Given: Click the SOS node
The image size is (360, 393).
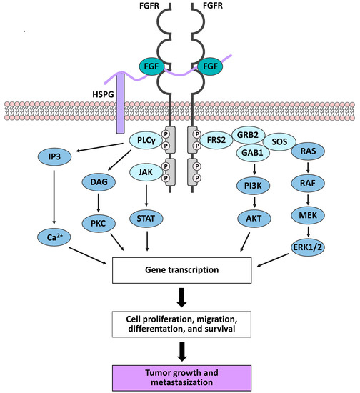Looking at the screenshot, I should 287,144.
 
